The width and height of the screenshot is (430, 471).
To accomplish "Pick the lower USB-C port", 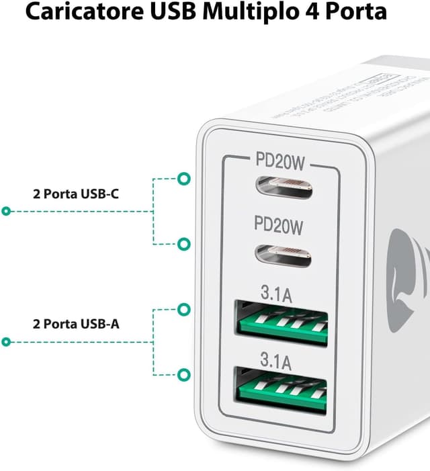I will [282, 255].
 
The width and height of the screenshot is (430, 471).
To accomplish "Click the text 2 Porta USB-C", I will [77, 194].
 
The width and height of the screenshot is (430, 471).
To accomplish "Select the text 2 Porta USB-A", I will [77, 324].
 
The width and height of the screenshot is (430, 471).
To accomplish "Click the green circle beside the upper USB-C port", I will [182, 179].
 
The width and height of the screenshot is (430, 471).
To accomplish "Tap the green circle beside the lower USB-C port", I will [182, 244].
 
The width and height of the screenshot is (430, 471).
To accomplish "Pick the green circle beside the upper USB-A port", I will [182, 310].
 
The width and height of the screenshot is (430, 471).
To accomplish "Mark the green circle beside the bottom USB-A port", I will [182, 374].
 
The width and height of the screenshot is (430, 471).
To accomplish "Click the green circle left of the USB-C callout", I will [7, 212].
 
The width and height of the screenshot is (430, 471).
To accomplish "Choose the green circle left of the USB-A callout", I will [7, 342].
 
